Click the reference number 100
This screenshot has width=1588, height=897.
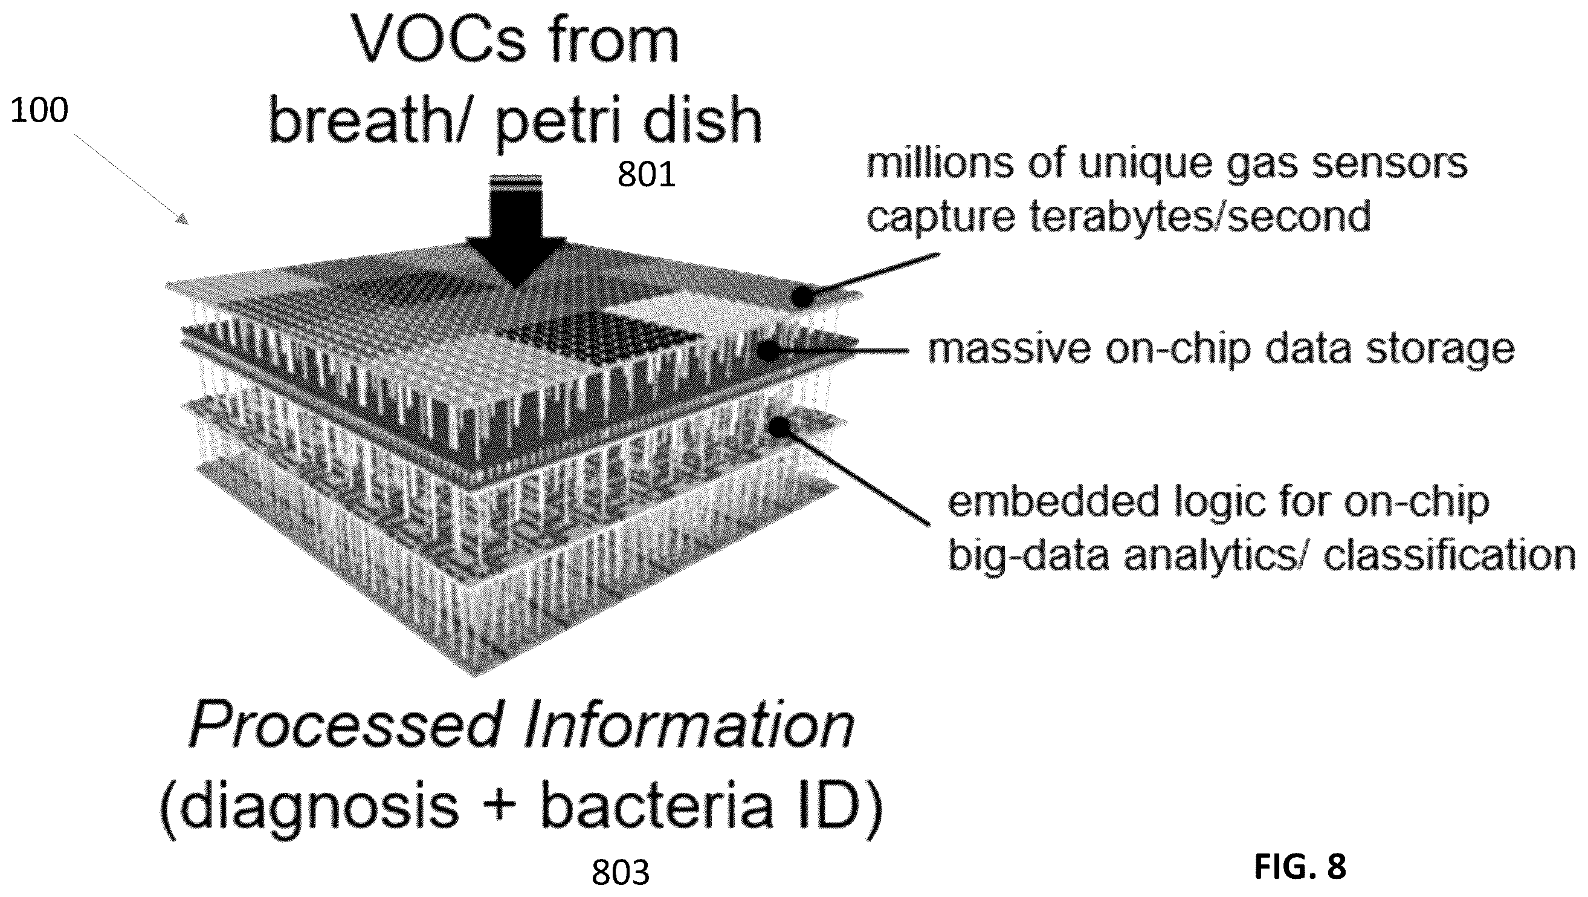[39, 112]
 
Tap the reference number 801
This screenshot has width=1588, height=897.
[647, 175]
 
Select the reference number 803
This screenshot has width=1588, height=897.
[621, 873]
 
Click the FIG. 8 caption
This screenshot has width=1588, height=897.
[1300, 867]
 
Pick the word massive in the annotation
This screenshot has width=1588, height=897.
[1010, 349]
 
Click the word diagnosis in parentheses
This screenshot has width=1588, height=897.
[310, 806]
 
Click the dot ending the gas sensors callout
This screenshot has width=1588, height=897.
[802, 297]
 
